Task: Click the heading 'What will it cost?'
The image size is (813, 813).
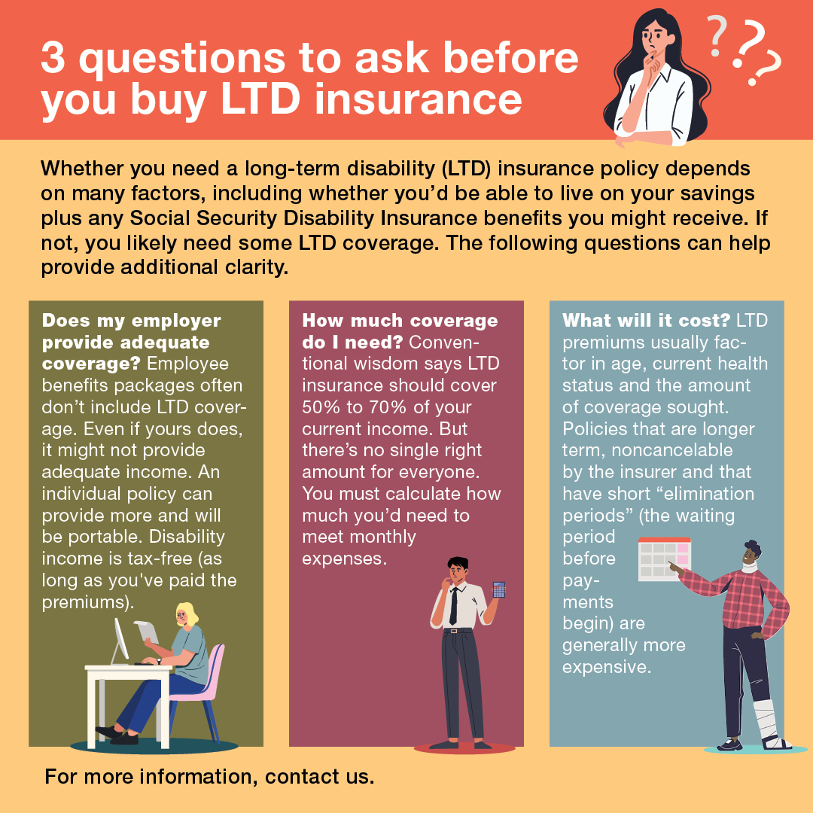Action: point(647,321)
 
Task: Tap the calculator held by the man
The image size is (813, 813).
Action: point(498,589)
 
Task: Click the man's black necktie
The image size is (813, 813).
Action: point(453,607)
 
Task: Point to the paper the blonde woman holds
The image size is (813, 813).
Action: point(147,631)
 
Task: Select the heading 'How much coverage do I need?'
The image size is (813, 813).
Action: point(399,331)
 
